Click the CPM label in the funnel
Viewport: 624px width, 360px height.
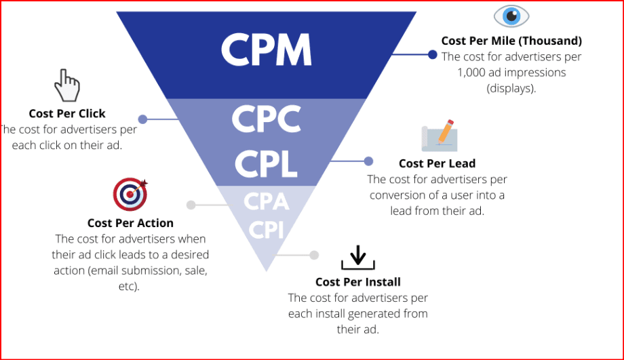266,49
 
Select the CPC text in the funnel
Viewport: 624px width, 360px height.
266,120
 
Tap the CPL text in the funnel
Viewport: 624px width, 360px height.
266,162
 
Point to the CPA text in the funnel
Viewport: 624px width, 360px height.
266,202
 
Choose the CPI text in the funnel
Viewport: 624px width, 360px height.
266,231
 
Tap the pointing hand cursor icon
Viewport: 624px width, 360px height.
67,85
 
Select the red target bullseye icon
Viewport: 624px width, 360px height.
130,195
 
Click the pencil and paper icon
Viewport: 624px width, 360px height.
437,136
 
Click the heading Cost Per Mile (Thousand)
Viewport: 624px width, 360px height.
511,41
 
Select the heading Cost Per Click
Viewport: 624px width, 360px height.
67,114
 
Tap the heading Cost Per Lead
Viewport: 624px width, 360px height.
437,163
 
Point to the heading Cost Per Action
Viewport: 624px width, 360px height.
130,223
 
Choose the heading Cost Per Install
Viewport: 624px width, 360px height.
358,282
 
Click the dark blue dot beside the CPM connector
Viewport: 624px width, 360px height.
432,54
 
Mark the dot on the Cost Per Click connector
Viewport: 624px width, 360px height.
142,119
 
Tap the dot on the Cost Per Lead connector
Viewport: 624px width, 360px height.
368,161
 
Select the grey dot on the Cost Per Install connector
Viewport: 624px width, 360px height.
314,255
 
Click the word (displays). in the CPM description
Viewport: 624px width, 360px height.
511,88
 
